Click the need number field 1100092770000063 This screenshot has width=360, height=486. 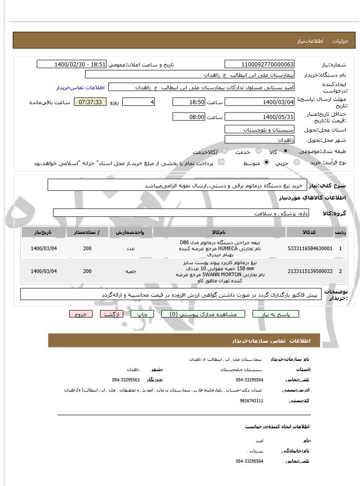(x=259, y=64)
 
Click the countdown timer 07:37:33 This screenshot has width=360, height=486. (x=90, y=102)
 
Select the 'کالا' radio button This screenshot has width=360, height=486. (x=286, y=152)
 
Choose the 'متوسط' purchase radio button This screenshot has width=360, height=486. (x=267, y=162)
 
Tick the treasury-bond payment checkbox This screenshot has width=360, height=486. (x=221, y=162)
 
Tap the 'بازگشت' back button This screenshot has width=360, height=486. (x=112, y=314)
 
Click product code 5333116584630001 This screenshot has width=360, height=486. (x=310, y=248)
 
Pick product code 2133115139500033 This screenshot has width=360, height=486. (x=310, y=271)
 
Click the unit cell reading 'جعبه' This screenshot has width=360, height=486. (x=130, y=271)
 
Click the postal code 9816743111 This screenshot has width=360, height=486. (x=252, y=400)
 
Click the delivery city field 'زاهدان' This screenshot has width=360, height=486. (x=259, y=140)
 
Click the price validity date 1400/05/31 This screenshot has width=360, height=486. (x=259, y=116)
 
